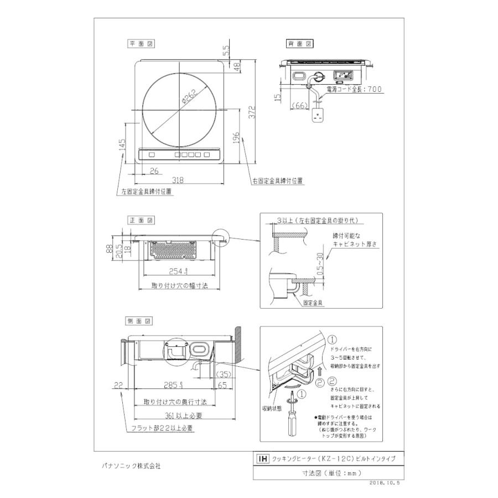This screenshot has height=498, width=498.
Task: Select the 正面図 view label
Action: pyautogui.click(x=141, y=220)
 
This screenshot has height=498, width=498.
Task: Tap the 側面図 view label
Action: pyautogui.click(x=141, y=321)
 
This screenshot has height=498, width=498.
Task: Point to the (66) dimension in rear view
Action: pyautogui.click(x=301, y=105)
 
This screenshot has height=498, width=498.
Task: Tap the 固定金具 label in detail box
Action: pyautogui.click(x=313, y=303)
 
